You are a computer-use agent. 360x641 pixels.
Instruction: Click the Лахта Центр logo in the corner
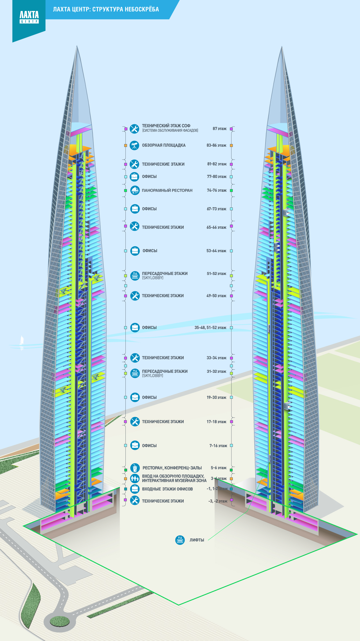click(x=29, y=17)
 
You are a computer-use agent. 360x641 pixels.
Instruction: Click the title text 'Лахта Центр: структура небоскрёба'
click(x=106, y=9)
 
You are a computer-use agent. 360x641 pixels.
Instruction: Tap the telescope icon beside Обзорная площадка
click(x=134, y=145)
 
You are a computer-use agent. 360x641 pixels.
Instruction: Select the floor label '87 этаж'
click(x=219, y=129)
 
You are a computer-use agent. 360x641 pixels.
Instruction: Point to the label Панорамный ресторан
click(x=167, y=190)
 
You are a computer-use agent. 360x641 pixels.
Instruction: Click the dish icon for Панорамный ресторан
click(x=135, y=190)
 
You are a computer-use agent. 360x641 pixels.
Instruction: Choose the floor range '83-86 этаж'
click(x=216, y=145)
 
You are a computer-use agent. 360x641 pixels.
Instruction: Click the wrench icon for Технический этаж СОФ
click(x=134, y=129)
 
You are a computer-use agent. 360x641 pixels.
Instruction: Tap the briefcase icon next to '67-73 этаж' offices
click(x=135, y=209)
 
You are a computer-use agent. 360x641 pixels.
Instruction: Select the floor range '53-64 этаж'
click(x=216, y=251)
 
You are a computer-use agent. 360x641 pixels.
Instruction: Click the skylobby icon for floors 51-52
click(x=135, y=276)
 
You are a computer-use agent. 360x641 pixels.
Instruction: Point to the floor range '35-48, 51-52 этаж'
click(x=210, y=328)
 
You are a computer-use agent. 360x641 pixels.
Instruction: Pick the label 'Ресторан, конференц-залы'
click(x=172, y=468)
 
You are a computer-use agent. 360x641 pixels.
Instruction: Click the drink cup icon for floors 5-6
click(x=135, y=468)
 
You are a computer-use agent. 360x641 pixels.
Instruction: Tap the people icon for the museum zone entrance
click(x=135, y=478)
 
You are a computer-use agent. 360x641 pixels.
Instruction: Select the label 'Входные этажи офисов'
click(x=167, y=489)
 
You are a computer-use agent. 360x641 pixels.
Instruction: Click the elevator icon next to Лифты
click(x=180, y=540)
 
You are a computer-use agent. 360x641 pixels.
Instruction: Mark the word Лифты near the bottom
click(x=197, y=540)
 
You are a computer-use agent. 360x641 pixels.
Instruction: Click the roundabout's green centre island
click(x=60, y=621)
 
